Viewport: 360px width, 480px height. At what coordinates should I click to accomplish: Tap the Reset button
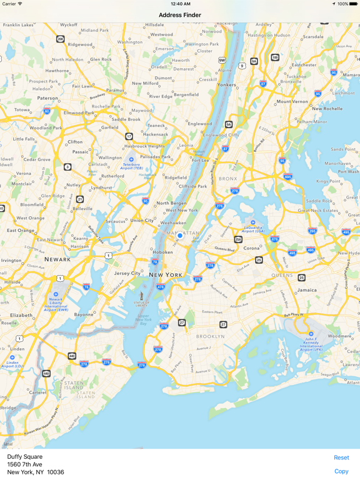(341, 457)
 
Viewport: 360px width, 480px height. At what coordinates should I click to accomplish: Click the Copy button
(341, 471)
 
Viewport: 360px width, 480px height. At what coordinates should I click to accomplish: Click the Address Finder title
(180, 15)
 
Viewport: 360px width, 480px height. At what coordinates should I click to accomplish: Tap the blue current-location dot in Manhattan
(179, 236)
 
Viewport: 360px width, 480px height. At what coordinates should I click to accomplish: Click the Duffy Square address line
(25, 457)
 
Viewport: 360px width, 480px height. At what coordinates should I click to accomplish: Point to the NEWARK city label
(57, 259)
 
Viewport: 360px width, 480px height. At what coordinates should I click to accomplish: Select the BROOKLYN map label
(211, 336)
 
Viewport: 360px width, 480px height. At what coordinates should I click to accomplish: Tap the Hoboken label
(163, 252)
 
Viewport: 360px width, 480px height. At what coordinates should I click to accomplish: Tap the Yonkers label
(227, 84)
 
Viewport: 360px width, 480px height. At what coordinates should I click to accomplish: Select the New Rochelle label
(327, 108)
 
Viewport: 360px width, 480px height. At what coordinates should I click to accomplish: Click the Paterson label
(47, 98)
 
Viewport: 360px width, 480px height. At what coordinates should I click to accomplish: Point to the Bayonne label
(84, 314)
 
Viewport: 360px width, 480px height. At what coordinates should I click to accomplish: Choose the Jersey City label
(127, 273)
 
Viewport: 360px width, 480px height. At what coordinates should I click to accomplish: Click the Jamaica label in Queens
(307, 290)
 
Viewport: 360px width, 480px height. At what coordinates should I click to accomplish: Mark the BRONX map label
(228, 179)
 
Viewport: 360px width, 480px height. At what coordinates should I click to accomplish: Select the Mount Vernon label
(292, 101)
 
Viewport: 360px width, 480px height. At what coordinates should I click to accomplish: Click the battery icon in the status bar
(353, 4)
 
